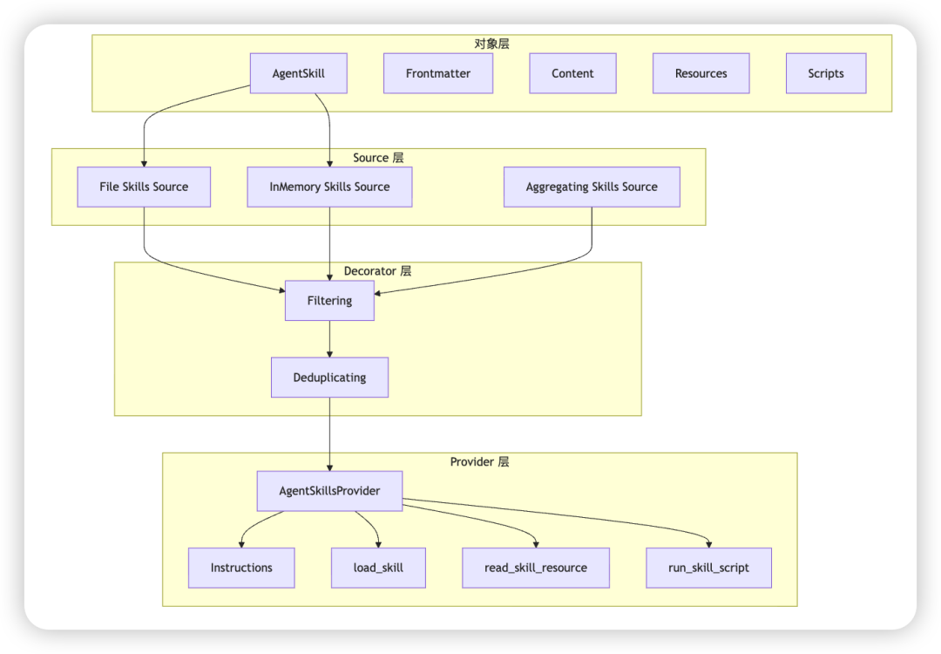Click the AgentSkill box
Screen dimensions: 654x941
[298, 74]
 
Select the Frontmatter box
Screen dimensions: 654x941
[437, 74]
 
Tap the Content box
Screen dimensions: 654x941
[572, 74]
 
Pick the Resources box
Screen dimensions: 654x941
[701, 74]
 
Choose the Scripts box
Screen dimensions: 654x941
[825, 74]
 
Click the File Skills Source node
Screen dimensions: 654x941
[144, 187]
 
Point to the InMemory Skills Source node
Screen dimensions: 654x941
[329, 187]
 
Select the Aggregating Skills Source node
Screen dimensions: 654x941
[592, 187]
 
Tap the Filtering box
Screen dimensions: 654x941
[329, 301]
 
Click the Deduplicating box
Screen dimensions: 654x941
[329, 378]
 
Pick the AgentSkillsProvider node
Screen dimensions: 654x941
[329, 491]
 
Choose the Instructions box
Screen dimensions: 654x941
[241, 568]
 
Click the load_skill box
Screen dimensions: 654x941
[378, 568]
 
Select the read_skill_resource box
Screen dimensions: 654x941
[535, 568]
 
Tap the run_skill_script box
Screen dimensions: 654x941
[708, 568]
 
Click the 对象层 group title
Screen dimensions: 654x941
[491, 44]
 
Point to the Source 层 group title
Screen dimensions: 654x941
[378, 158]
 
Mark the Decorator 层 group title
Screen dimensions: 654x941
[377, 271]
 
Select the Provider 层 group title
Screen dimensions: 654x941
[479, 461]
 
